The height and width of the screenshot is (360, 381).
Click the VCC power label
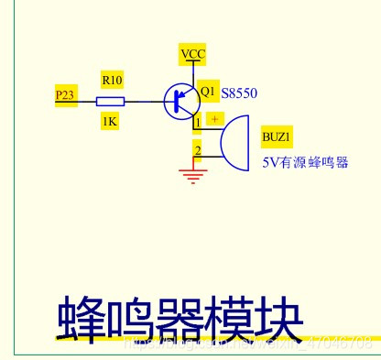(x=192, y=54)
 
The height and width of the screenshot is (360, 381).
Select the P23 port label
(x=65, y=94)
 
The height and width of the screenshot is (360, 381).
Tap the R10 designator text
(x=110, y=80)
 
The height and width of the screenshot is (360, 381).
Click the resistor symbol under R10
(x=110, y=101)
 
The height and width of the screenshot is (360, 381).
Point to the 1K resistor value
(x=110, y=121)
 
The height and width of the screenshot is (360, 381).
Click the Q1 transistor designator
(x=207, y=92)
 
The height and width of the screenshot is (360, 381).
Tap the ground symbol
(x=192, y=174)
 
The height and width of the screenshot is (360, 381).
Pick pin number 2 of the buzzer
(x=198, y=149)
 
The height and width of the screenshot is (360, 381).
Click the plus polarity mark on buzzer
(x=214, y=118)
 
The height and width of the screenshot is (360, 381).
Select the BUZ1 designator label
(x=277, y=137)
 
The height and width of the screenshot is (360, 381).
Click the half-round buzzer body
(x=236, y=143)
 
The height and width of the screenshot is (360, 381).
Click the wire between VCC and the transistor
(x=192, y=73)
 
